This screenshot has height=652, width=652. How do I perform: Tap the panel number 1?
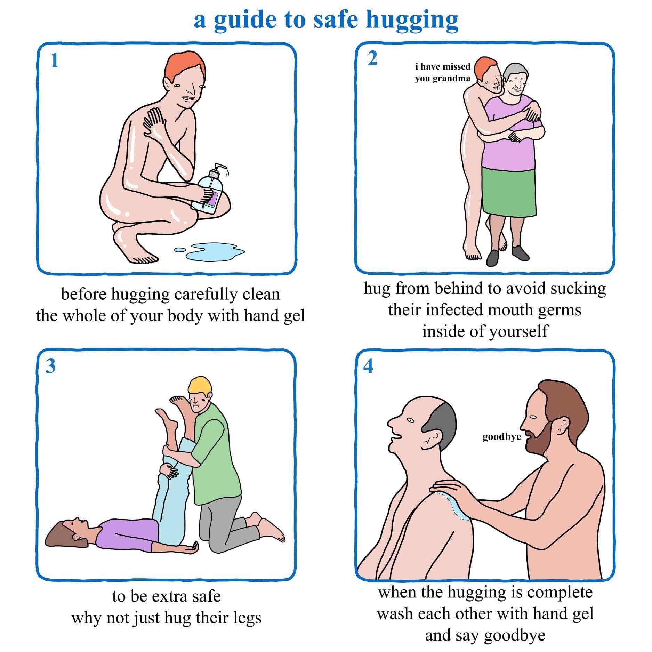click(54, 61)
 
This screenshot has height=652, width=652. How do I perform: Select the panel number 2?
click(372, 58)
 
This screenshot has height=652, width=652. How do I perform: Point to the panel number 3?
click(51, 366)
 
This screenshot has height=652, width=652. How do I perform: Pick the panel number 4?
click(368, 366)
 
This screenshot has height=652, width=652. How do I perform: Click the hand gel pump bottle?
click(210, 190)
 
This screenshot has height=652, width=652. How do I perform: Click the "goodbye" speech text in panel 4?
click(501, 437)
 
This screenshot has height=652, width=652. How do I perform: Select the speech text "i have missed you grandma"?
click(442, 72)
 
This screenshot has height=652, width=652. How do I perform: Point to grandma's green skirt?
click(509, 191)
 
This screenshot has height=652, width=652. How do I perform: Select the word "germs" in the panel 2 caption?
click(560, 310)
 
